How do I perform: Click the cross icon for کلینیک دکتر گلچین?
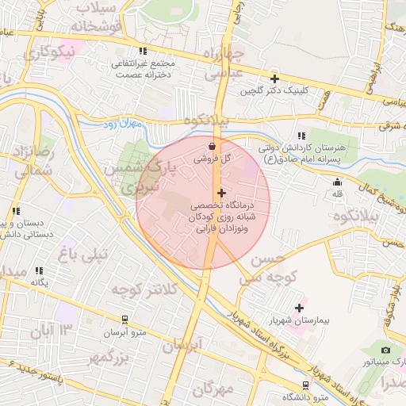(x=274, y=79)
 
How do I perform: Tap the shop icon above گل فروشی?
(x=212, y=147)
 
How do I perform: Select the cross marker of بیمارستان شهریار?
(x=299, y=308)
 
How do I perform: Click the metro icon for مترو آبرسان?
(x=124, y=320)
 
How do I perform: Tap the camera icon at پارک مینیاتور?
(x=385, y=350)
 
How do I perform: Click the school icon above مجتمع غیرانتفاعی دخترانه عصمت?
(x=143, y=51)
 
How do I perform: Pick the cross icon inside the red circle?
(x=221, y=193)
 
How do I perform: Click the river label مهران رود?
(x=121, y=125)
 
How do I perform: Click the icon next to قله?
(x=337, y=182)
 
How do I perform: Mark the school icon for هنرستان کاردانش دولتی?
(x=301, y=136)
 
